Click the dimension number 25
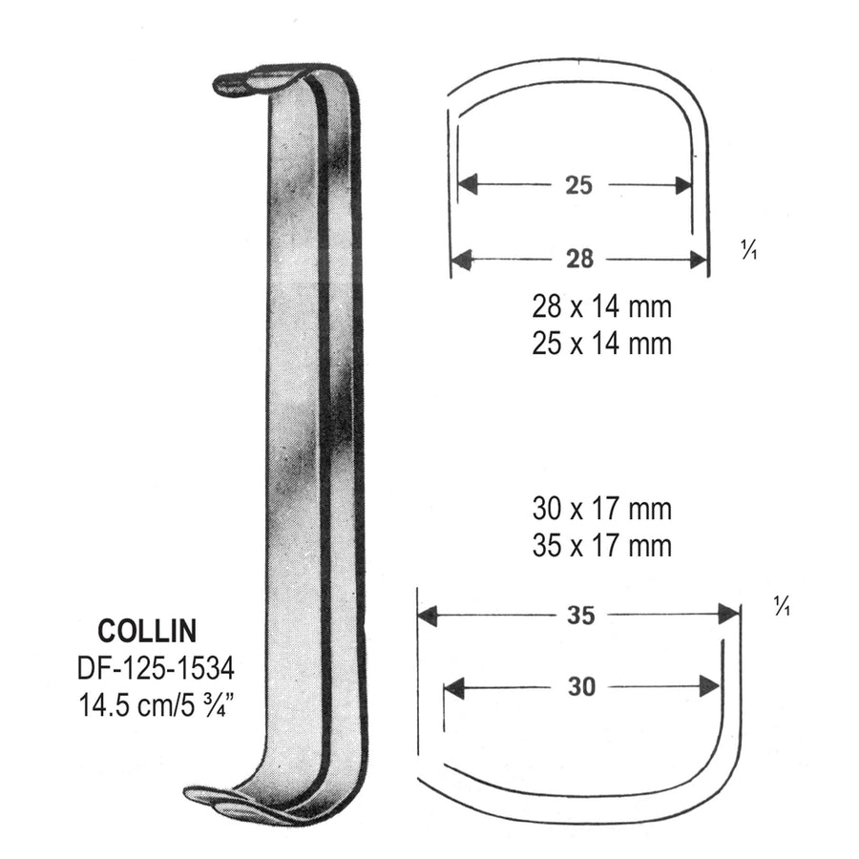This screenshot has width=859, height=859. coord(578,185)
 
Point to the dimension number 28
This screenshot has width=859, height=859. coord(578,259)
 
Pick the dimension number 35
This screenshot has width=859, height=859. coord(580,616)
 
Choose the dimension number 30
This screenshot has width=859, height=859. coord(580,686)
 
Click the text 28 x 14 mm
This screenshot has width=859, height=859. coord(601,307)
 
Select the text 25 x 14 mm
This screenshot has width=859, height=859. coord(601,343)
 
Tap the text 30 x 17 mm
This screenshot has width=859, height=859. coord(601,510)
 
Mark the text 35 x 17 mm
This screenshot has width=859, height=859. coord(601,545)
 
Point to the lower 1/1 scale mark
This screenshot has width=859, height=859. coord(783,606)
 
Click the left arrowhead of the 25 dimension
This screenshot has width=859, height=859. coord(467,185)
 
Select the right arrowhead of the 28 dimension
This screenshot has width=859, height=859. coord(697,259)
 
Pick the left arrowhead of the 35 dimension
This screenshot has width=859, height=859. coord(428,616)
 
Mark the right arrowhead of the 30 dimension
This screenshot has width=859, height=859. coord(709,686)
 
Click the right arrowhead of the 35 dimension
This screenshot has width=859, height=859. coord(730,616)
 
